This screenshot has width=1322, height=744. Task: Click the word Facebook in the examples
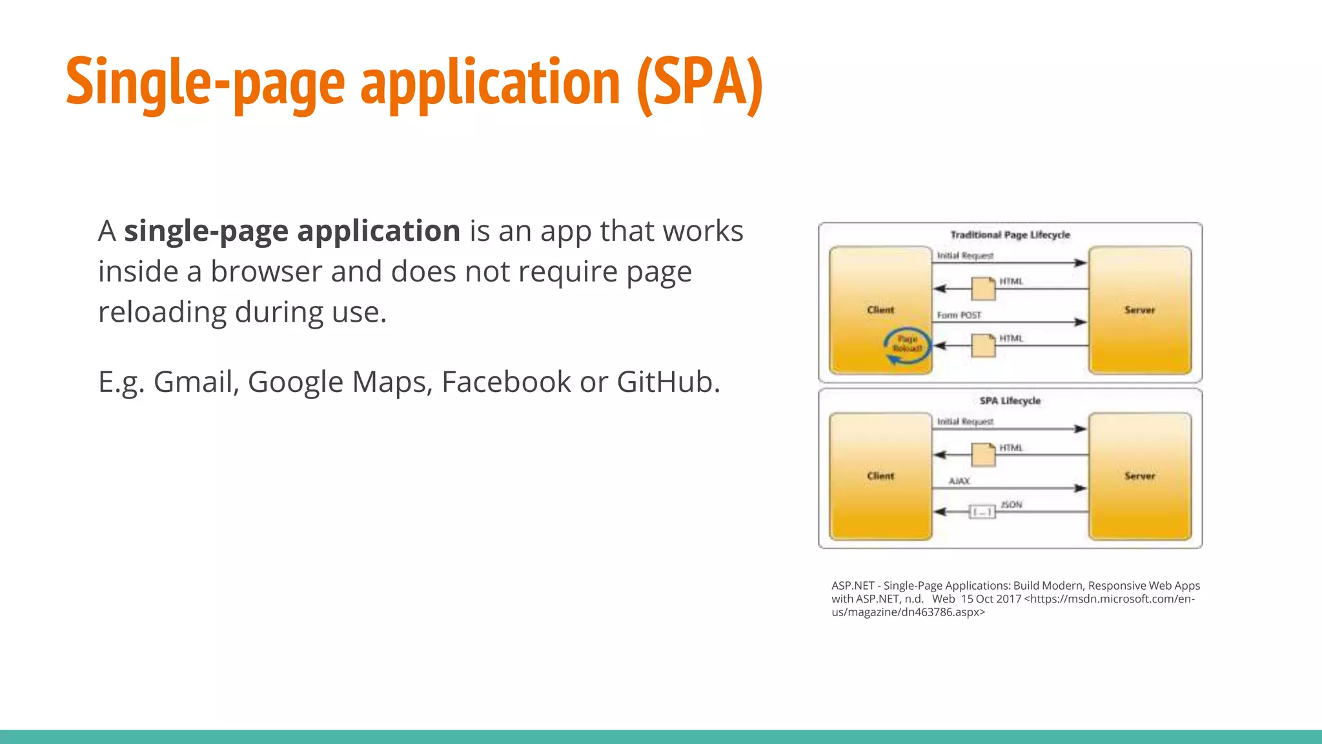pyautogui.click(x=505, y=382)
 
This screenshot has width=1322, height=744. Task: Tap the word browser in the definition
pyautogui.click(x=266, y=272)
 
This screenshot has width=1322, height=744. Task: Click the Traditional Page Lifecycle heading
pyautogui.click(x=1010, y=235)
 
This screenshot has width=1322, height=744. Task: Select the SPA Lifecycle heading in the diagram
pyautogui.click(x=1010, y=401)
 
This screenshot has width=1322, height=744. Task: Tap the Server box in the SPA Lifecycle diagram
pyautogui.click(x=1139, y=476)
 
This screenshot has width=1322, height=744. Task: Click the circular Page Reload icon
pyautogui.click(x=907, y=345)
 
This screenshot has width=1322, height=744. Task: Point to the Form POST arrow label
pyautogui.click(x=959, y=315)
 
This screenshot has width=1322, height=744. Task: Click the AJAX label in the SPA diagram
pyautogui.click(x=959, y=481)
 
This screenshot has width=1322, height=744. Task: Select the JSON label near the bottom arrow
pyautogui.click(x=1012, y=504)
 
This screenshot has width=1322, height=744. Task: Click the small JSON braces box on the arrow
pyautogui.click(x=982, y=512)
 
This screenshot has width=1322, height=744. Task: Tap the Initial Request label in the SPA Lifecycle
pyautogui.click(x=965, y=422)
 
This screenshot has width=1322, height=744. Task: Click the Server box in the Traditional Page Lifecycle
pyautogui.click(x=1139, y=310)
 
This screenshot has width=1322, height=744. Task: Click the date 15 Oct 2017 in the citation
pyautogui.click(x=991, y=599)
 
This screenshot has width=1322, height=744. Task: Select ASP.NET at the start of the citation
pyautogui.click(x=852, y=586)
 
